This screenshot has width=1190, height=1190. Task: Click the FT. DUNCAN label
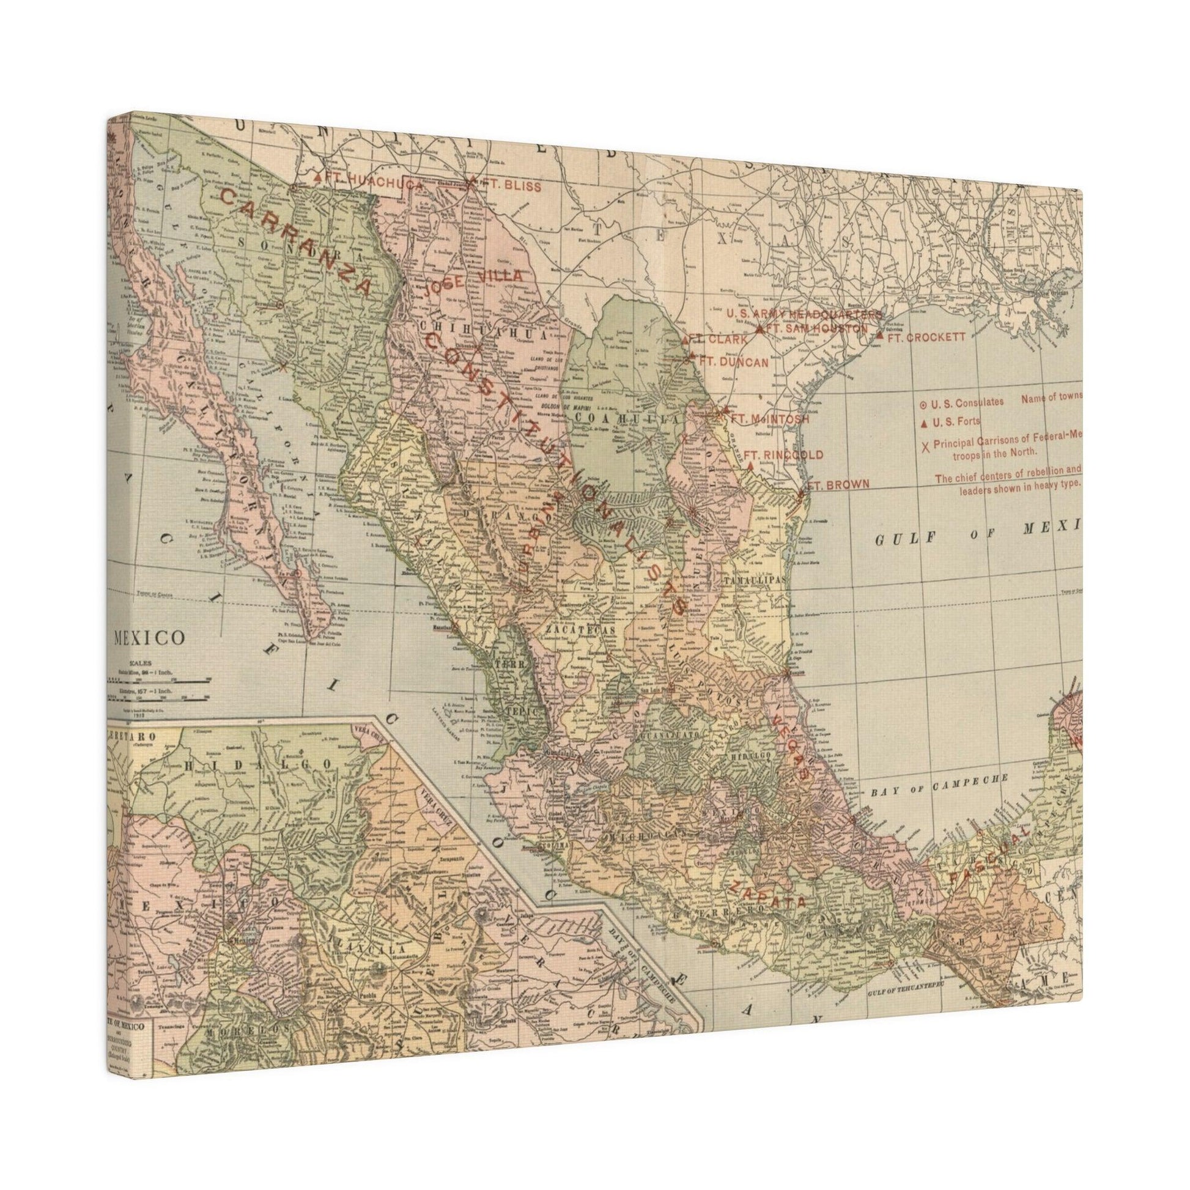(x=734, y=363)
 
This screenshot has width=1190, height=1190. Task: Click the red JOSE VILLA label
(x=473, y=282)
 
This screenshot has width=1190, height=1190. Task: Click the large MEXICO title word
(x=149, y=636)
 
